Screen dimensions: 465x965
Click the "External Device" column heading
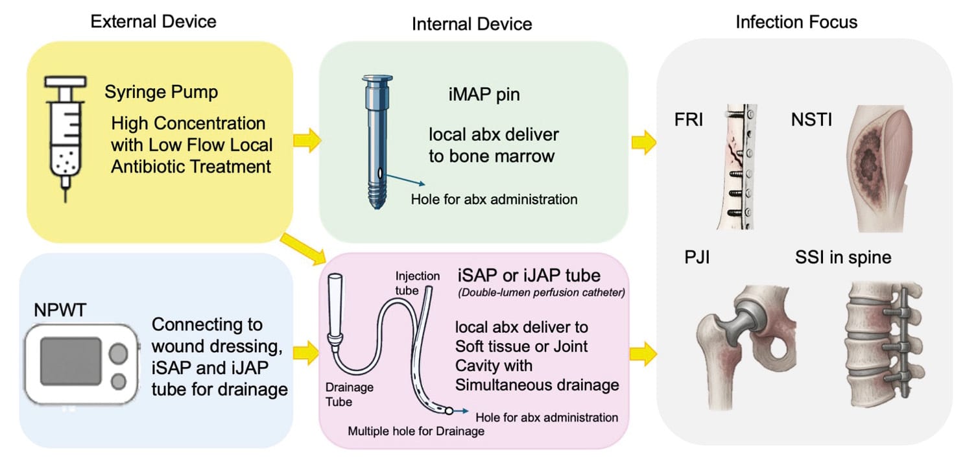coord(153,21)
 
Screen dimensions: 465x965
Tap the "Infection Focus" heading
coord(796,22)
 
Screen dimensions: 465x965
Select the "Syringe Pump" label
coord(161,92)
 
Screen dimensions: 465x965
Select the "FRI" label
coord(688,121)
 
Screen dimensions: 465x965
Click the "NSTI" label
coord(811,121)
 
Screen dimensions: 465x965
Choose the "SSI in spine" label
coord(843,257)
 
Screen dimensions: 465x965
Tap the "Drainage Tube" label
coord(348,395)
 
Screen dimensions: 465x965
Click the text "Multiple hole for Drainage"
coord(416,431)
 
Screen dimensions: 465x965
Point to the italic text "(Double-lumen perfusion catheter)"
coord(541,292)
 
